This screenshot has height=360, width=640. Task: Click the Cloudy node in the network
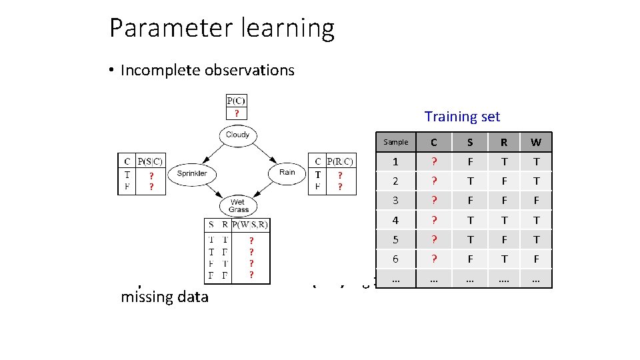[237, 135]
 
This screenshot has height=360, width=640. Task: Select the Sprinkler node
[191, 173]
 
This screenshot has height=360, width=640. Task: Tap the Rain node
[287, 173]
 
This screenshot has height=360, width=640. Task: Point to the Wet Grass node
[238, 205]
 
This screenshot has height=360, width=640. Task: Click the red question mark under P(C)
[236, 113]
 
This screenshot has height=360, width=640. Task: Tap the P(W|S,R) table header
[250, 225]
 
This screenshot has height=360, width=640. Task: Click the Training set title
[462, 117]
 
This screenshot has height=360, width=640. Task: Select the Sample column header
[395, 142]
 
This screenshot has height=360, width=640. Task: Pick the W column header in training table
[535, 142]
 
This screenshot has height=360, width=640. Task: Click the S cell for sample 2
[470, 181]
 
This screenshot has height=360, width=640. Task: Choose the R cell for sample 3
[503, 201]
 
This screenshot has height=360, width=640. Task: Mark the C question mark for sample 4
[434, 220]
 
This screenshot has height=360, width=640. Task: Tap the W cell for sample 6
[535, 259]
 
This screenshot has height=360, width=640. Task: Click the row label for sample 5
[395, 239]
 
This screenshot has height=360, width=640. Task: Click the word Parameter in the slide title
[157, 29]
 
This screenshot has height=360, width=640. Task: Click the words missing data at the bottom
[165, 297]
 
